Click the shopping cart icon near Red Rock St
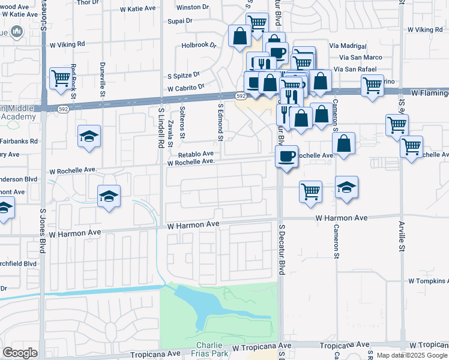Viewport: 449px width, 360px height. pyautogui.click(x=61, y=78)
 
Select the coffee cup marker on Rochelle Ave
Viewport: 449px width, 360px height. pyautogui.click(x=286, y=156)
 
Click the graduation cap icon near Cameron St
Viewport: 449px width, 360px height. pyautogui.click(x=346, y=187)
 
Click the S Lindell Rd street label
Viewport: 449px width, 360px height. pyautogui.click(x=161, y=128)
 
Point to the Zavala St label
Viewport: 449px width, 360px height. pyautogui.click(x=170, y=133)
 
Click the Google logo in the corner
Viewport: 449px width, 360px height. pyautogui.click(x=20, y=353)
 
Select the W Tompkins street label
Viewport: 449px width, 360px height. pyautogui.click(x=428, y=281)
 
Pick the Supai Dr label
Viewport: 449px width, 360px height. pyautogui.click(x=179, y=20)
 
